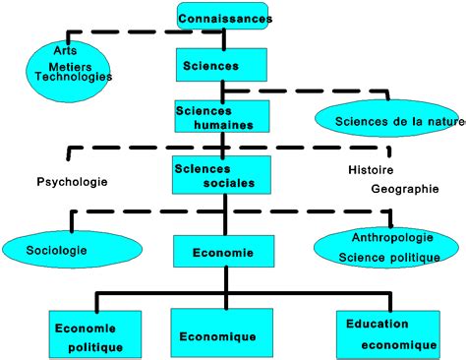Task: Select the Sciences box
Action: pyautogui.click(x=223, y=66)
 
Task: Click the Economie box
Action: pyautogui.click(x=223, y=251)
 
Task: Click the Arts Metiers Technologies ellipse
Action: pyautogui.click(x=72, y=67)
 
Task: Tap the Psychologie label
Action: pyautogui.click(x=72, y=182)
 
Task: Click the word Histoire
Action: pyautogui.click(x=370, y=169)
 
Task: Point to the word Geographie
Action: pyautogui.click(x=404, y=189)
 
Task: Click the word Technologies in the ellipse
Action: pyautogui.click(x=73, y=77)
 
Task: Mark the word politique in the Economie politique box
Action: pyautogui.click(x=95, y=347)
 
